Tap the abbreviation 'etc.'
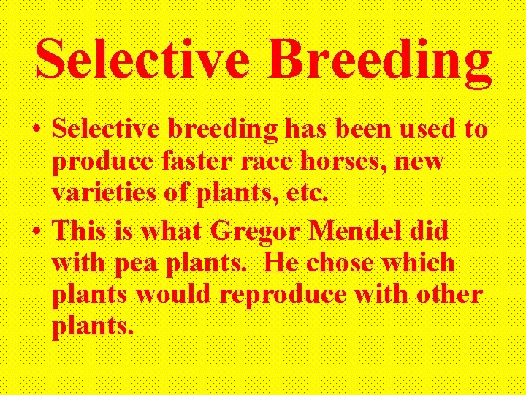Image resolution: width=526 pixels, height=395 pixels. click(x=305, y=195)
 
